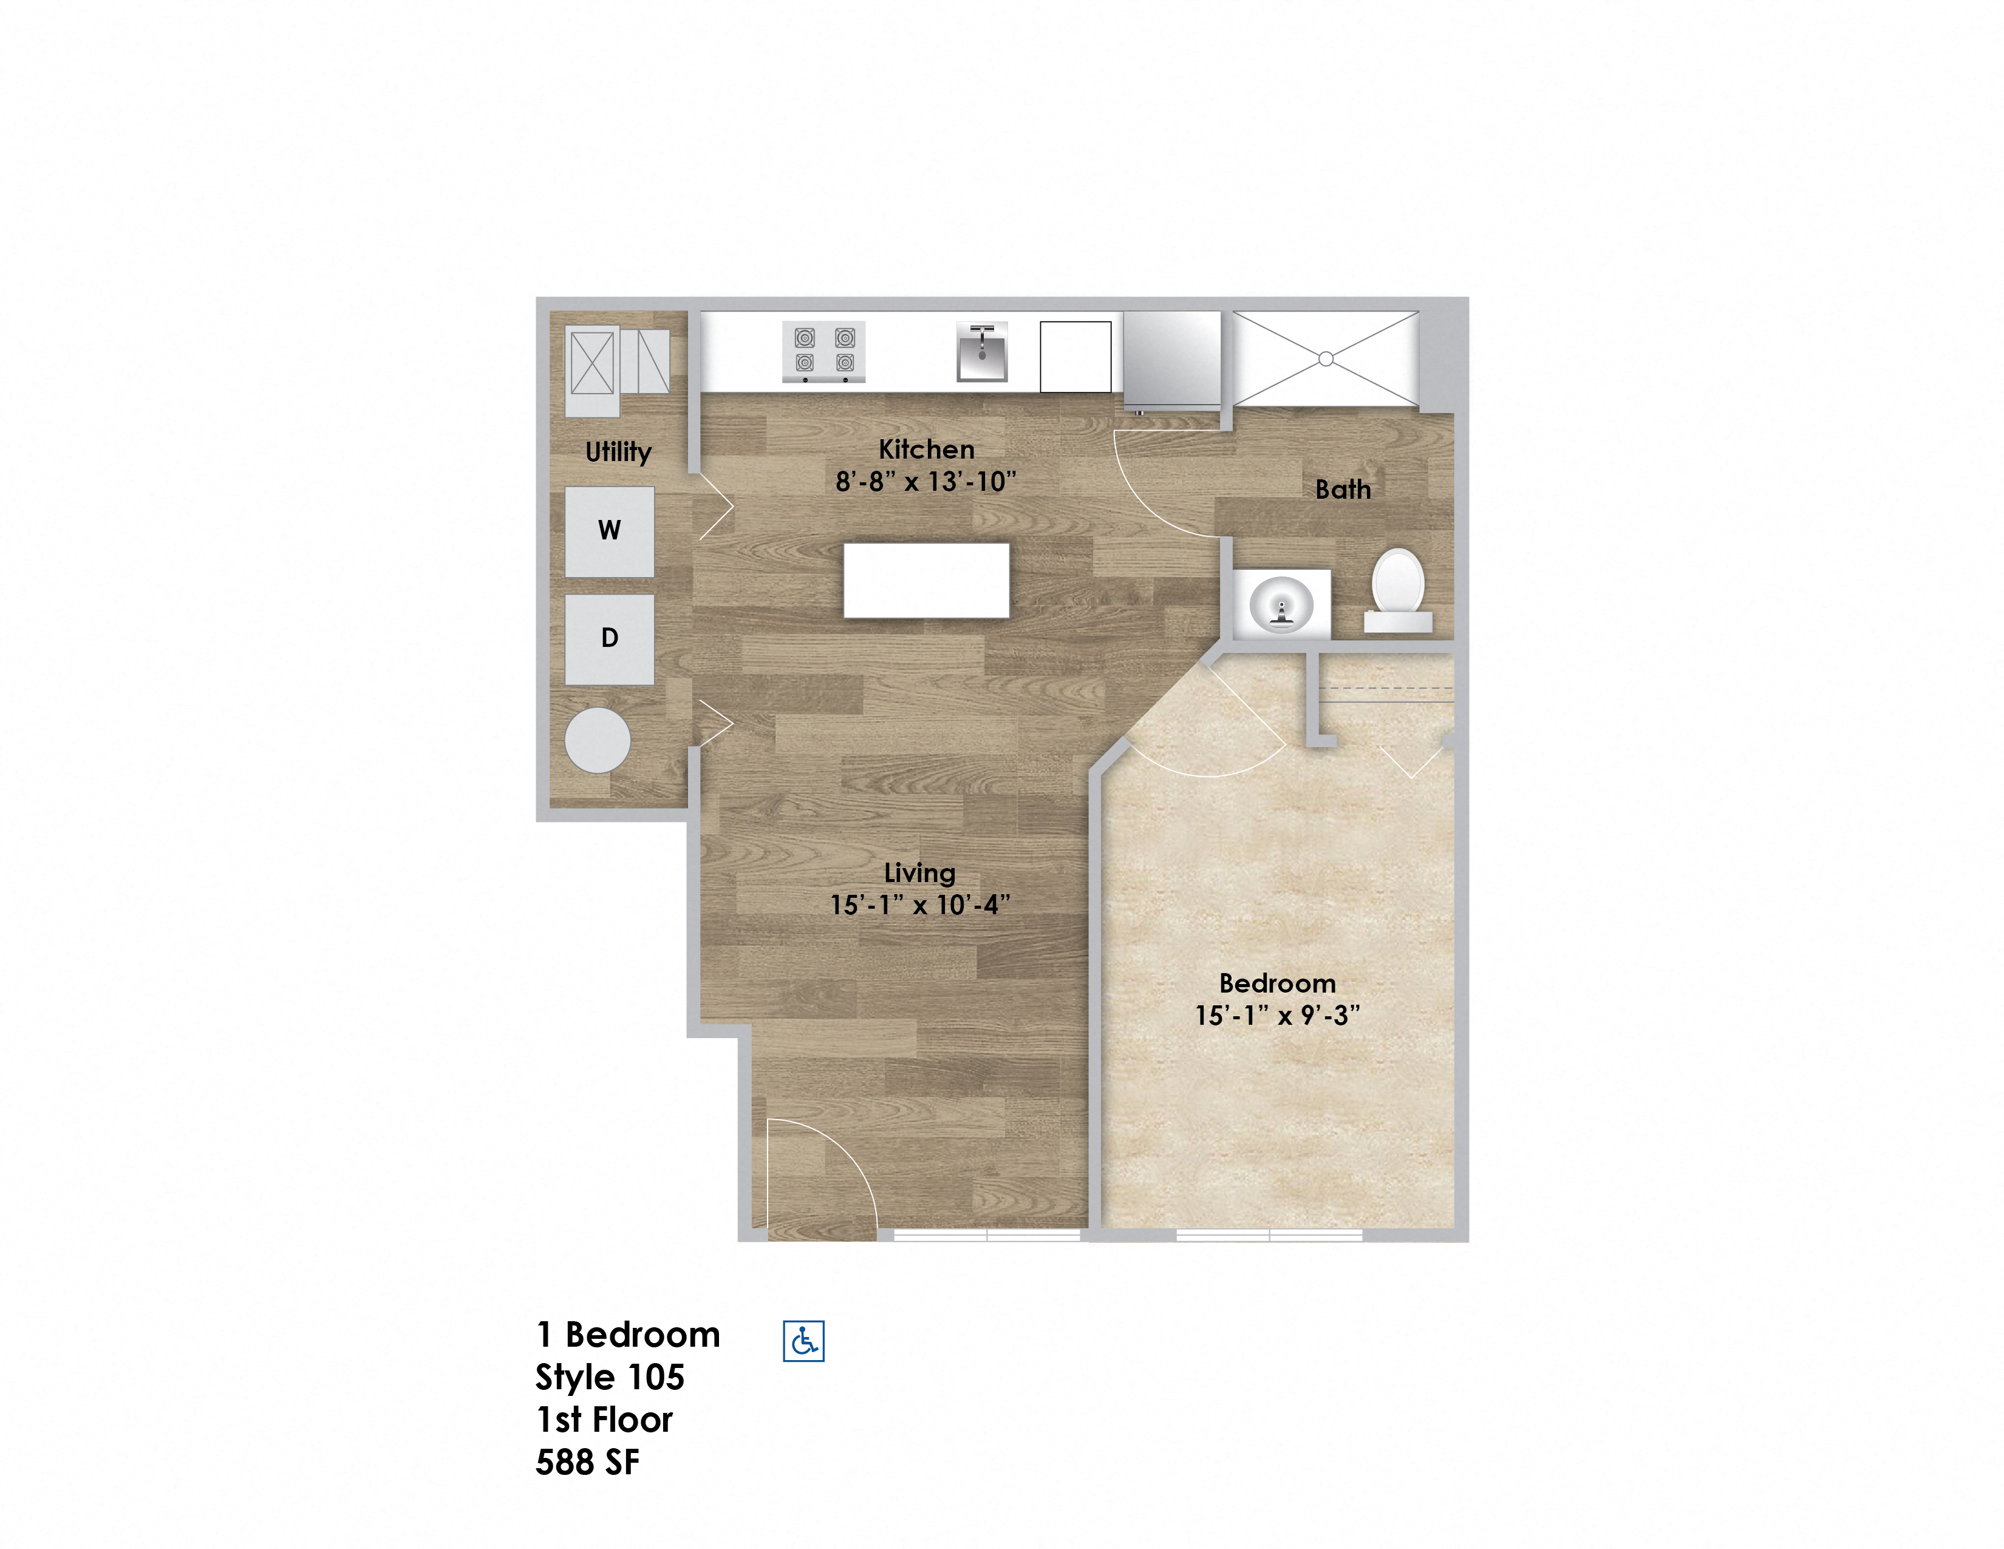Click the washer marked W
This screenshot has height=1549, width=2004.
coord(609,532)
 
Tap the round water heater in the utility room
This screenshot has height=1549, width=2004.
coord(598,740)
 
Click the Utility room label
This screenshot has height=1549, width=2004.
coord(618,453)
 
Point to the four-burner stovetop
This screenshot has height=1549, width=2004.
coord(823,352)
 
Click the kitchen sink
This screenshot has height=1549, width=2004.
coord(982,352)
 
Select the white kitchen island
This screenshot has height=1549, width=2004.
coord(927,581)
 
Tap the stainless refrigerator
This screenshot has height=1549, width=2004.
coord(1173,359)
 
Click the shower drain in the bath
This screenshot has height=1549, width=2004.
coord(1326,359)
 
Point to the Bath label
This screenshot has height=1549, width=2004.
coord(1343,489)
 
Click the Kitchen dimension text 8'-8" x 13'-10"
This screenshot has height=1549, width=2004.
coord(926,482)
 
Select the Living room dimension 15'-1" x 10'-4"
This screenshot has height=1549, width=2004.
coord(921,905)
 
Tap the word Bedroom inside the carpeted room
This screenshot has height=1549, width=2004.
coord(1277,983)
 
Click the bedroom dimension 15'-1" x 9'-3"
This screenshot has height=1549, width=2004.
coord(1277,1016)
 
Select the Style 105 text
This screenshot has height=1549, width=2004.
coord(610,1378)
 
